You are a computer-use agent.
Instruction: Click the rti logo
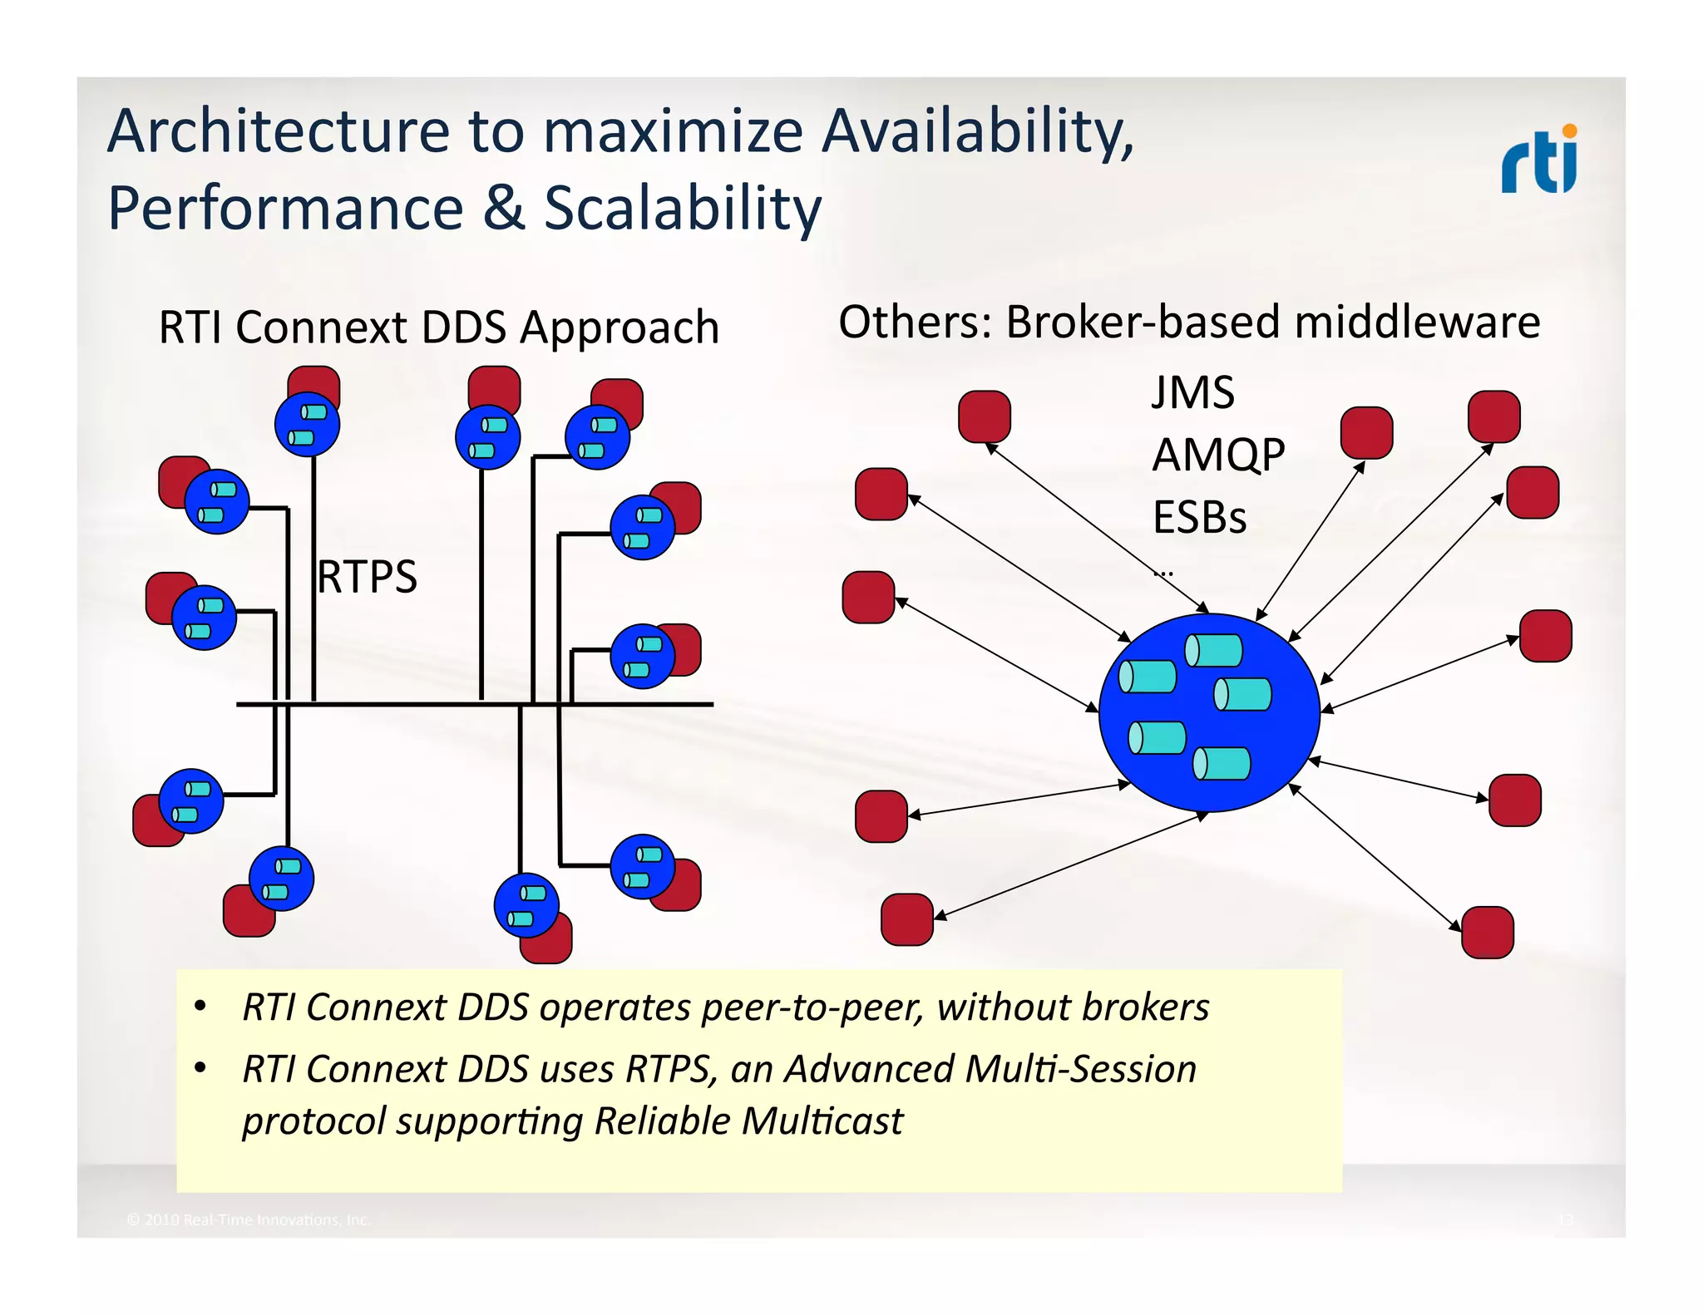click(x=1538, y=160)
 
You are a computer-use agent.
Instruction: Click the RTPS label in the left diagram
click(x=367, y=577)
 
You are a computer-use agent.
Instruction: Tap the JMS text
click(x=1192, y=392)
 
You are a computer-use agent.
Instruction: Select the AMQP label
click(x=1218, y=455)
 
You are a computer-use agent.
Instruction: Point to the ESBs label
click(x=1199, y=517)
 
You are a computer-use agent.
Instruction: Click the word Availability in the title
click(x=977, y=133)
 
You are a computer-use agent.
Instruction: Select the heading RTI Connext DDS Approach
click(x=438, y=327)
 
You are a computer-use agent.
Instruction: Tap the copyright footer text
click(x=248, y=1219)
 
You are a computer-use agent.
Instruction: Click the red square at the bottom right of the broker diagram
click(x=1487, y=933)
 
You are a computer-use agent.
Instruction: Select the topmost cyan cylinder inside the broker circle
click(x=1213, y=651)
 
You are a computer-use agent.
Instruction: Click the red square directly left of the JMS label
click(x=984, y=416)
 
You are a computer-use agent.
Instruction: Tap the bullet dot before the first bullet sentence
click(x=200, y=1007)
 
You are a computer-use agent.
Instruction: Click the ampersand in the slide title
click(x=504, y=209)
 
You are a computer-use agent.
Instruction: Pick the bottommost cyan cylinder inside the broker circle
click(x=1222, y=763)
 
